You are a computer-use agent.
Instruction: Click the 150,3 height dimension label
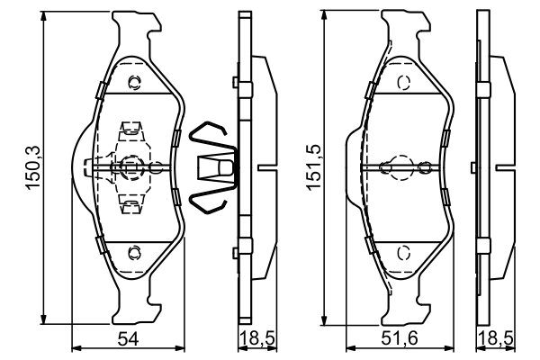tap(30, 169)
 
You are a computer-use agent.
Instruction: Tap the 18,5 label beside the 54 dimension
tap(253, 339)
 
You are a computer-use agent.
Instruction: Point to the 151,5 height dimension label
tap(310, 169)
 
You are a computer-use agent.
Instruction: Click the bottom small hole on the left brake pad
tap(135, 251)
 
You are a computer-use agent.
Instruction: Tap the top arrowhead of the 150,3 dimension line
tap(43, 18)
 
